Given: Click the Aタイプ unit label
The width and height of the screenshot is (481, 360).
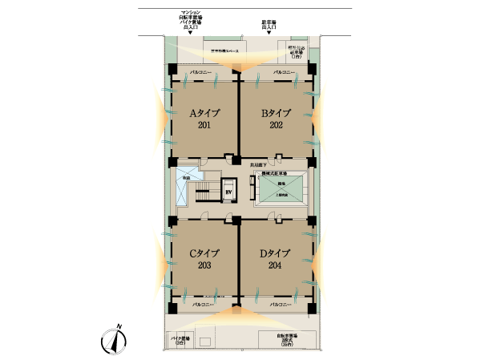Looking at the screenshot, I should [x=204, y=113].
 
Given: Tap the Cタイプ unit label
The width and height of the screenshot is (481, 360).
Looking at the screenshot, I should [x=204, y=253].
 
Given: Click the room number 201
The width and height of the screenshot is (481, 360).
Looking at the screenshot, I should [x=204, y=125].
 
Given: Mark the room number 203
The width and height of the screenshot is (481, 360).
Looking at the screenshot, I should [x=204, y=265].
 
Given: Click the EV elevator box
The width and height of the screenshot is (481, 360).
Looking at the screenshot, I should [x=228, y=191].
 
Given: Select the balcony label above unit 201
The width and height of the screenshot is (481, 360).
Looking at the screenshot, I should [x=204, y=72].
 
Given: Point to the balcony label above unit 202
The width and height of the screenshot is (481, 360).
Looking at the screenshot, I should [x=280, y=72].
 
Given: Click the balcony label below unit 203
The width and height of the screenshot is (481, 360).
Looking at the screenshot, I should [x=204, y=305].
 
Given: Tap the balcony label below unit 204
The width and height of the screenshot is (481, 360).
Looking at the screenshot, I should [x=280, y=305].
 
